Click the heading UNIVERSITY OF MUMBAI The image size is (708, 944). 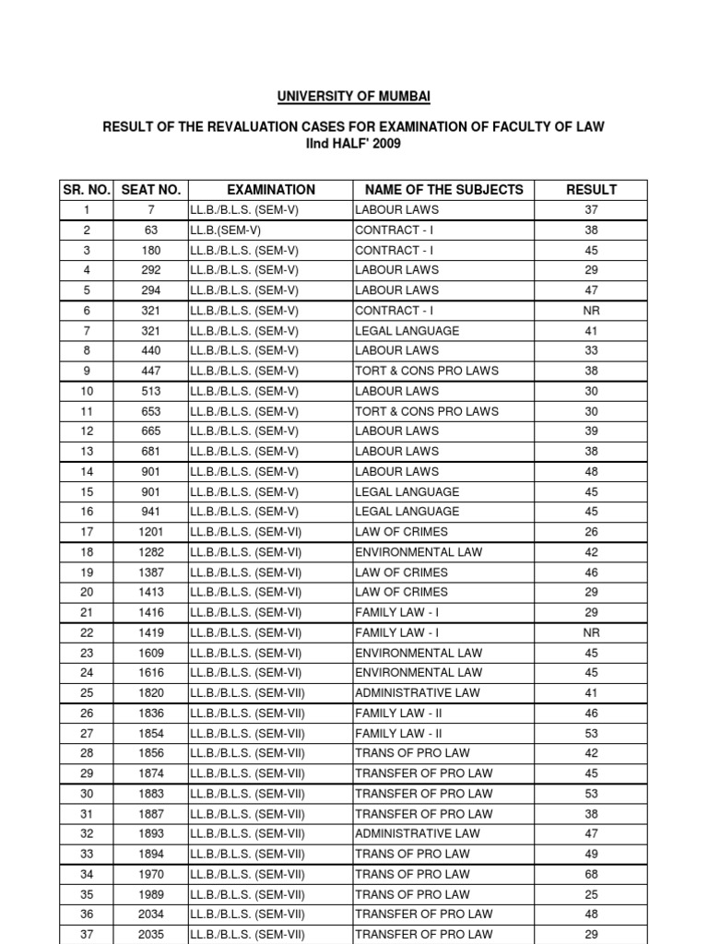coord(353,96)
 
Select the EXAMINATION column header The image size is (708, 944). coord(271,190)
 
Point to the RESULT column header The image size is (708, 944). coord(592,190)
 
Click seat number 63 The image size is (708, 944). coord(151,230)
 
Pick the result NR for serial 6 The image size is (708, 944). coord(592,311)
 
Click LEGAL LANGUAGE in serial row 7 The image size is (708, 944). coord(407,331)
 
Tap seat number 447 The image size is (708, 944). coord(151,371)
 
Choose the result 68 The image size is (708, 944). coord(592,874)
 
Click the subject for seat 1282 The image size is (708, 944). coord(418,552)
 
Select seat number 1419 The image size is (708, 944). coord(151,632)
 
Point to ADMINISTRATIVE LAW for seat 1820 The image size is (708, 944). coord(418,693)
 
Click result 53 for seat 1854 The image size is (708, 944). coord(592,733)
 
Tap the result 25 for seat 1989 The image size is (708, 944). coord(592,894)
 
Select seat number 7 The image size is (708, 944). coord(151,210)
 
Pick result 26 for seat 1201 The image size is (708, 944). coord(592,532)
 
